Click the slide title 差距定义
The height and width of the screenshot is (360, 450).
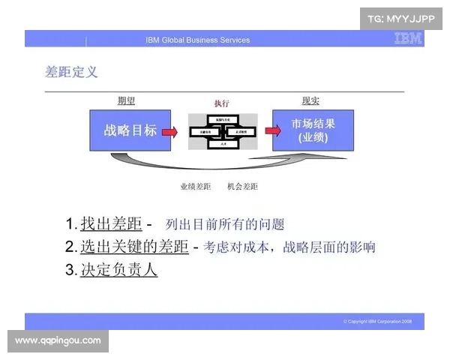71,72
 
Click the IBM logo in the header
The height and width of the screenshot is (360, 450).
407,39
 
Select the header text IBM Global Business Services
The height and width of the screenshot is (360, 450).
198,40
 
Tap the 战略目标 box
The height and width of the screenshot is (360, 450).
130,130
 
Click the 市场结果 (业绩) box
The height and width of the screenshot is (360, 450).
313,130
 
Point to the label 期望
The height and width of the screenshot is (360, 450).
126,100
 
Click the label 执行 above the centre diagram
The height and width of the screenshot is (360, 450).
222,103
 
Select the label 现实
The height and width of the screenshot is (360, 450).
310,100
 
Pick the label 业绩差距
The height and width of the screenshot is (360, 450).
195,186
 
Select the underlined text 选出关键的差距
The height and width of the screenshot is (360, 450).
134,247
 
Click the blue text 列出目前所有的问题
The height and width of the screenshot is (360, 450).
225,224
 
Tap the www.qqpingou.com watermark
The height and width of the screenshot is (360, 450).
58,340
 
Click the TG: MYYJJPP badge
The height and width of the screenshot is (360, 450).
401,18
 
